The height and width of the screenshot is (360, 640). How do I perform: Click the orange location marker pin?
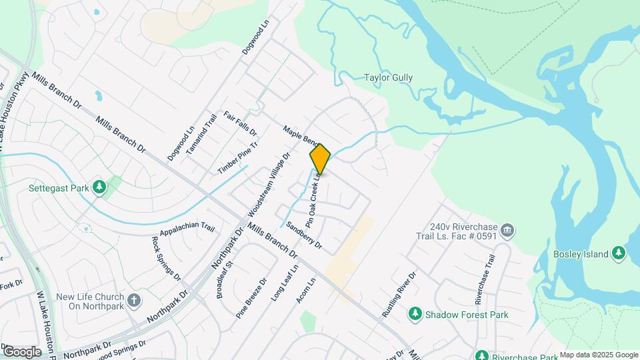tap(320, 159)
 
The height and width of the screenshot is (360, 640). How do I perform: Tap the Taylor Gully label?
tap(388, 77)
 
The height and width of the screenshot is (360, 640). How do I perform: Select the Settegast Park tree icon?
tap(99, 187)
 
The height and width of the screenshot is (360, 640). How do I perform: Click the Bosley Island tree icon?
tap(619, 253)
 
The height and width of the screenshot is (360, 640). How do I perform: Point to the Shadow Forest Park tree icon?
tap(415, 314)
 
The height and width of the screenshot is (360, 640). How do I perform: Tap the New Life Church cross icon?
tap(134, 300)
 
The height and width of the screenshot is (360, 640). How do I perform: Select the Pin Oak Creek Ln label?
tap(315, 199)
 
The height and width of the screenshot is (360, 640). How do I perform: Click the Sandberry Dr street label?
tap(304, 235)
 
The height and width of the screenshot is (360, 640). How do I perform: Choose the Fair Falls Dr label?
tap(240, 123)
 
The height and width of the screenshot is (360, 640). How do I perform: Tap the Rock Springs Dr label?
tap(166, 258)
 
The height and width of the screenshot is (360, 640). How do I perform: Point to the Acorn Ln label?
tap(307, 291)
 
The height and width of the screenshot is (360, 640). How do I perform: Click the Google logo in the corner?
tap(21, 351)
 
